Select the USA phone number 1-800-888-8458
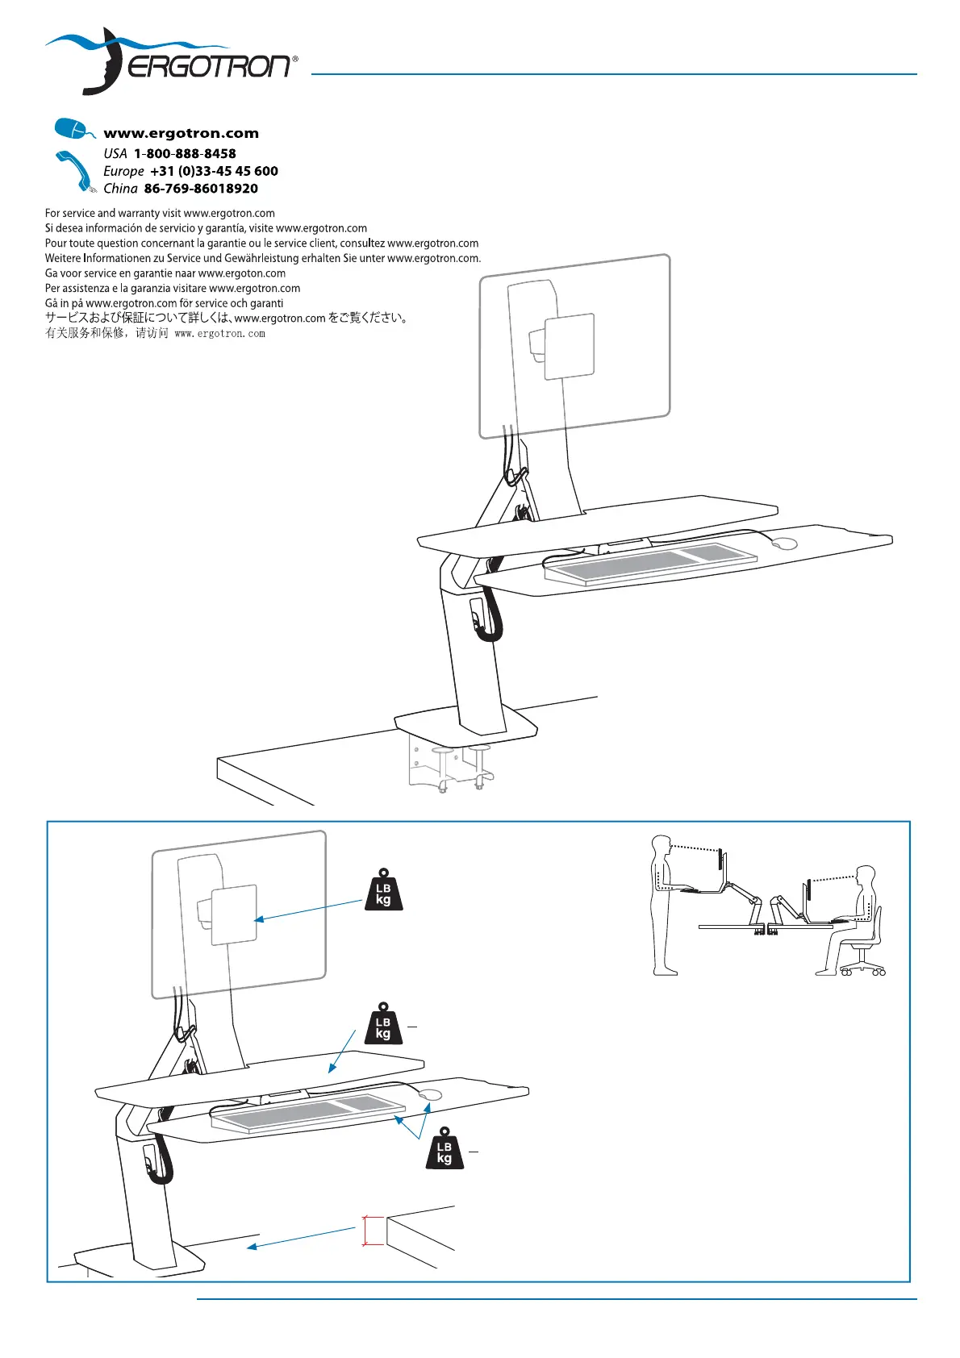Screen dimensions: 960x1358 tap(185, 153)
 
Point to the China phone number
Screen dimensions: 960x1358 tap(201, 189)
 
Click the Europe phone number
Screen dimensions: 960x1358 tap(214, 171)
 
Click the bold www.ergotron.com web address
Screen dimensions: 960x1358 tap(181, 134)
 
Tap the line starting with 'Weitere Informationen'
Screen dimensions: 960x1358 tap(262, 258)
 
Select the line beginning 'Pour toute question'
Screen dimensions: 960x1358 tap(261, 243)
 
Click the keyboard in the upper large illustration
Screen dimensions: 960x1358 tap(649, 564)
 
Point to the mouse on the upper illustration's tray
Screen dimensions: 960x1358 tap(784, 544)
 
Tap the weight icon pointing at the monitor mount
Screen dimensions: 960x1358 tap(383, 890)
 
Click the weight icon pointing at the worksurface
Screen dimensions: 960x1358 tap(383, 1024)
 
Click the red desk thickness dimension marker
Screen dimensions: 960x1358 tap(365, 1231)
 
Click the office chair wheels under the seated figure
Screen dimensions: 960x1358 tap(864, 971)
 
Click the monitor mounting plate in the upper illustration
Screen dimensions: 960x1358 tap(570, 347)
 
